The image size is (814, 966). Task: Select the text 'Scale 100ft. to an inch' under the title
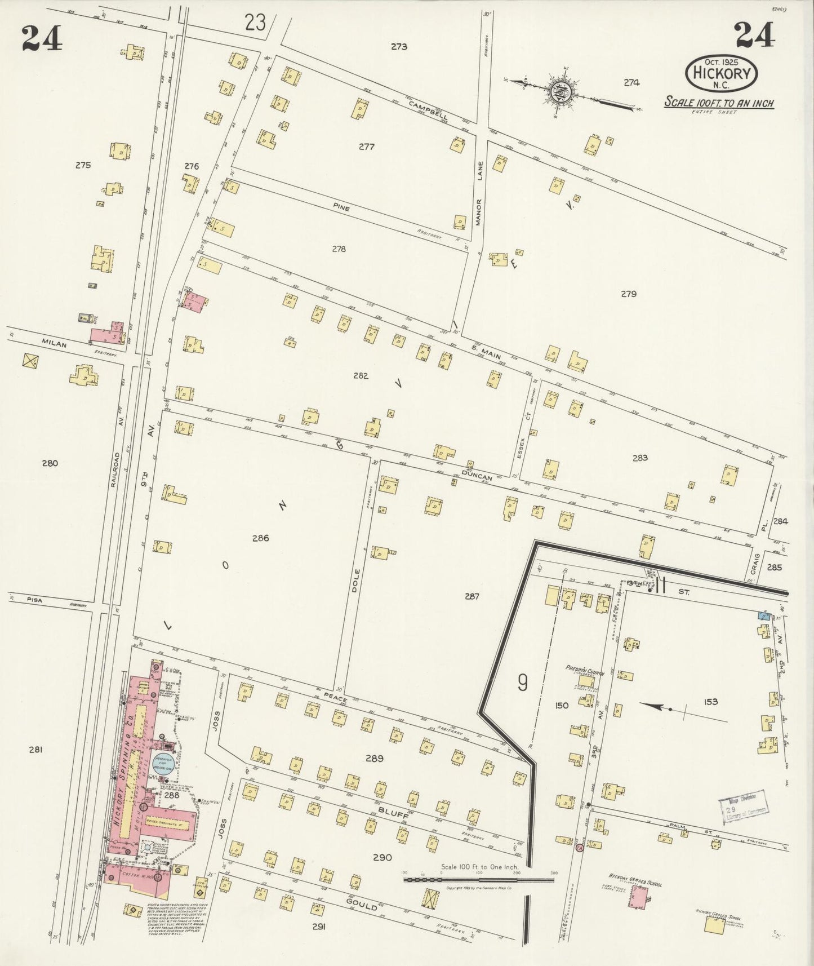718,103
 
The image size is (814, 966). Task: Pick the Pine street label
341,209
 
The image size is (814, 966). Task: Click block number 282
361,376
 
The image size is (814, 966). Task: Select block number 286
260,538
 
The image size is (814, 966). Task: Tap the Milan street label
54,344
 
